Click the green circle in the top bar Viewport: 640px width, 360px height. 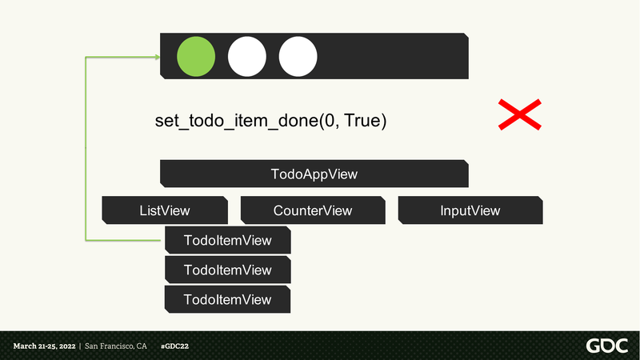[196, 56]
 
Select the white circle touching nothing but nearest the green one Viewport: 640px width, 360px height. [247, 56]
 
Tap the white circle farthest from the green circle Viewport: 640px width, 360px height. [298, 56]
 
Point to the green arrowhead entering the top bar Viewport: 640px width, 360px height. [157, 57]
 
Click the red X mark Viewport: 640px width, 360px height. [519, 114]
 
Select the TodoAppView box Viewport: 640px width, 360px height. [314, 174]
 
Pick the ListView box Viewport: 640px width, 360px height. [165, 210]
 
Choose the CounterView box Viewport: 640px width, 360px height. [313, 210]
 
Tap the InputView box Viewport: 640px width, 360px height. [470, 210]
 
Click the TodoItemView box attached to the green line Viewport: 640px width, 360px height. [228, 240]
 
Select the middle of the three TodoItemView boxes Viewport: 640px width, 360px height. [228, 270]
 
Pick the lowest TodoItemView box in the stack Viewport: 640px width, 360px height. [228, 299]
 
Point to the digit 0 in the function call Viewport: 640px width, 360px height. [330, 121]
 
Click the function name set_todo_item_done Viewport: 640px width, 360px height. [237, 122]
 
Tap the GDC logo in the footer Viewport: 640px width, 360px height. [607, 346]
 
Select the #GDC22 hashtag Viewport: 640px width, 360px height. [174, 346]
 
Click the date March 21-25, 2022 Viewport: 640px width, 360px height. [44, 346]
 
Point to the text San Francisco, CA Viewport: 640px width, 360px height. [115, 346]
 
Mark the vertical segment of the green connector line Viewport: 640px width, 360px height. [86, 149]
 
